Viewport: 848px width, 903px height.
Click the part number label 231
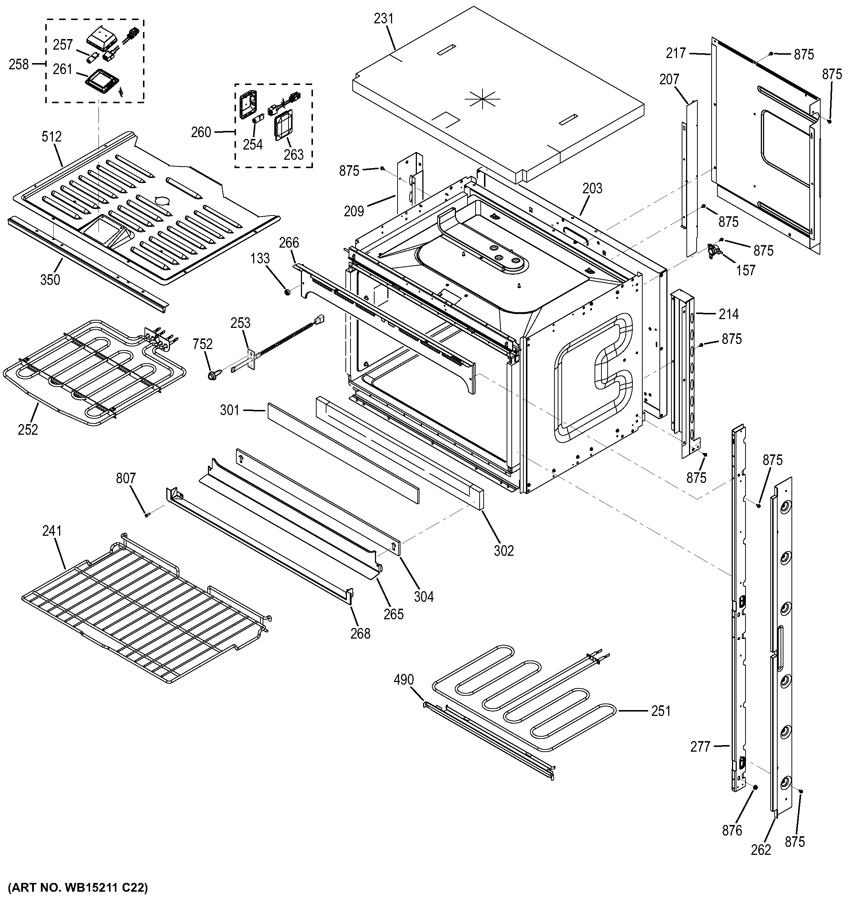pyautogui.click(x=383, y=19)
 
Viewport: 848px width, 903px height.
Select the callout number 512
pyautogui.click(x=51, y=136)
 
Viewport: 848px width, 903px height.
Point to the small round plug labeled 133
pyautogui.click(x=287, y=291)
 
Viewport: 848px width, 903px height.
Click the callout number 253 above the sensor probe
pyautogui.click(x=240, y=323)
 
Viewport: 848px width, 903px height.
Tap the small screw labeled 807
pyautogui.click(x=147, y=515)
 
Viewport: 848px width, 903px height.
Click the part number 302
pyautogui.click(x=504, y=551)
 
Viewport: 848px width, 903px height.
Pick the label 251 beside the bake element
pyautogui.click(x=661, y=711)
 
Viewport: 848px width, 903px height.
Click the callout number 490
pyautogui.click(x=403, y=679)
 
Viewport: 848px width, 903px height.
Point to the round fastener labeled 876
pyautogui.click(x=754, y=787)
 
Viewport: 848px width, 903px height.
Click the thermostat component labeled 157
pyautogui.click(x=715, y=251)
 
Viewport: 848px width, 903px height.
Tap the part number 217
pyautogui.click(x=675, y=53)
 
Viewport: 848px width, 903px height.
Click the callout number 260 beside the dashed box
pyautogui.click(x=201, y=132)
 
